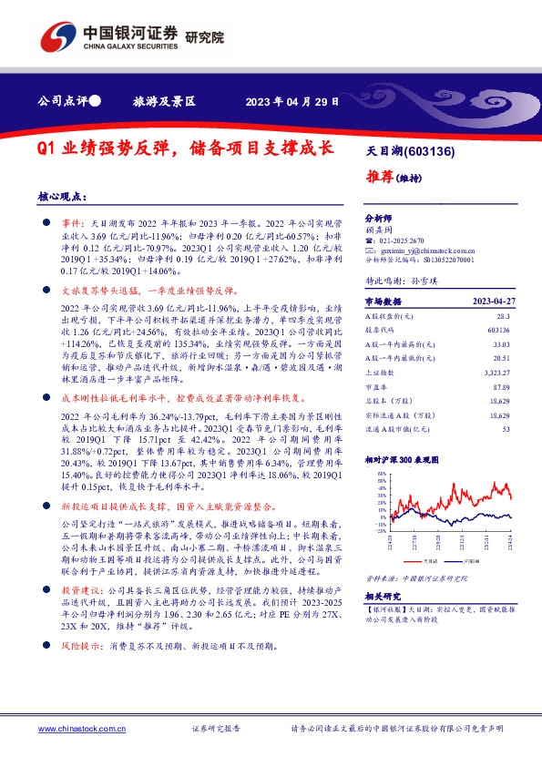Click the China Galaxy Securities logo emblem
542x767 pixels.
[x=56, y=36]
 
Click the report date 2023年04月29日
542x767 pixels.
[x=291, y=102]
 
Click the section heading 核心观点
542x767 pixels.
[x=62, y=197]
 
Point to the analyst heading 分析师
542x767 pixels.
[x=376, y=219]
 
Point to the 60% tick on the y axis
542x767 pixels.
[x=373, y=476]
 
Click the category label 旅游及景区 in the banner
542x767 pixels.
[x=165, y=102]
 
